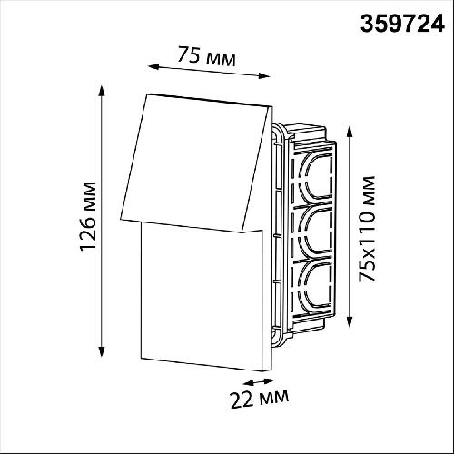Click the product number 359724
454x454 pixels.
pyautogui.click(x=402, y=24)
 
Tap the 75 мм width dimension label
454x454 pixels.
pyautogui.click(x=206, y=56)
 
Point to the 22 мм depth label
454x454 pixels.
pyautogui.click(x=260, y=399)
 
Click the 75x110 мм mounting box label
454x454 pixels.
pyautogui.click(x=367, y=229)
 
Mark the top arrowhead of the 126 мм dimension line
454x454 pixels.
pyautogui.click(x=102, y=91)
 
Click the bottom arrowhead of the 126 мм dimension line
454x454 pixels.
pyautogui.click(x=102, y=351)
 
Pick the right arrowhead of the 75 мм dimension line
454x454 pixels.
pyautogui.click(x=264, y=76)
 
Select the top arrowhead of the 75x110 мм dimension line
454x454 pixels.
pyautogui.click(x=350, y=133)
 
